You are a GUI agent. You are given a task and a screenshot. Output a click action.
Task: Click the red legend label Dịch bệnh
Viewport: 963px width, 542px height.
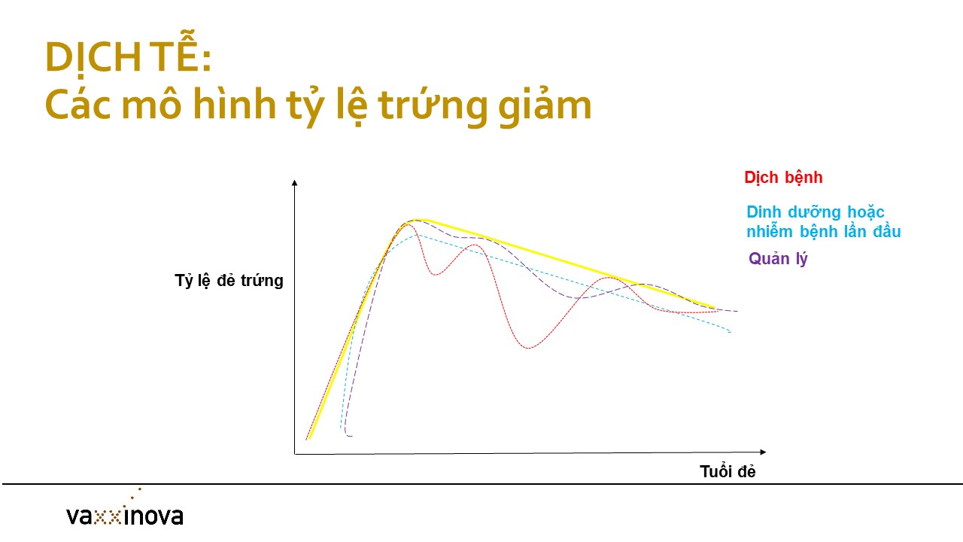(783, 178)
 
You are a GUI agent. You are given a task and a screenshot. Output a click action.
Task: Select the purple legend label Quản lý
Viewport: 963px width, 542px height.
(778, 259)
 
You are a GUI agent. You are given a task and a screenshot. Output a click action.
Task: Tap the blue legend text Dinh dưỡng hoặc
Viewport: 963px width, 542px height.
(815, 212)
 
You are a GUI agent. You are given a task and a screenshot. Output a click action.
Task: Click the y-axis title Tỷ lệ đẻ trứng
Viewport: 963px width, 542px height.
(229, 281)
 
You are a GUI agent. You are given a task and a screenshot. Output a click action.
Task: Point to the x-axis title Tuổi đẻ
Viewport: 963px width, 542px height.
(728, 471)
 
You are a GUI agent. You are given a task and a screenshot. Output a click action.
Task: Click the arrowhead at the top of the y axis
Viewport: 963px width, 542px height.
(294, 183)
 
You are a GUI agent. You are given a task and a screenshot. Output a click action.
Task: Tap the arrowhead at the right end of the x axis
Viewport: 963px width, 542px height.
(763, 452)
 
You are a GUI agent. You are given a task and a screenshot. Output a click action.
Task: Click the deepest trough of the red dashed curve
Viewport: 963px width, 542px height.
(528, 348)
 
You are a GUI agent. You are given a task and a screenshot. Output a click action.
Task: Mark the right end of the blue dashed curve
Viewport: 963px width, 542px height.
(731, 332)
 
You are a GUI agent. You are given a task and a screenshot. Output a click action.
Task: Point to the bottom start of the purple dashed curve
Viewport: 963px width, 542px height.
(351, 436)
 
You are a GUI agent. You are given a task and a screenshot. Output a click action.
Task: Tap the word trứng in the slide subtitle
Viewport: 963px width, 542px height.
(433, 105)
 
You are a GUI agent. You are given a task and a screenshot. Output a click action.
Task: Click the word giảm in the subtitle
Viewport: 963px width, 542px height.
(545, 104)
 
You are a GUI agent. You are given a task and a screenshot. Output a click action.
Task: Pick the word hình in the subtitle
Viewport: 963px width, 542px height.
(235, 103)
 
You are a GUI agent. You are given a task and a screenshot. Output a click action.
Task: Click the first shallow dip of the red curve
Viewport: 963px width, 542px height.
(435, 274)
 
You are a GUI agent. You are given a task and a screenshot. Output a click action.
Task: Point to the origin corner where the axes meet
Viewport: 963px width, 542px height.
(295, 454)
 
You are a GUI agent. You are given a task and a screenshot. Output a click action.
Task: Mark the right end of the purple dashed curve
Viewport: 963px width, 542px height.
(737, 311)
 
